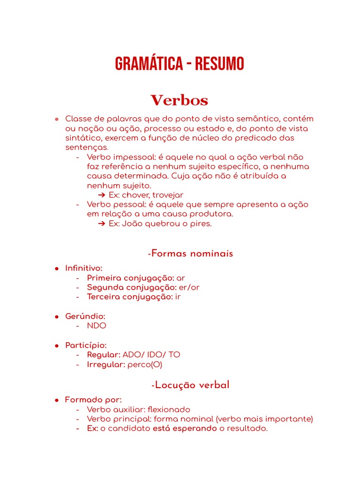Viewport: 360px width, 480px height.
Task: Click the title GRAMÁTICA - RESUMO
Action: tap(180, 64)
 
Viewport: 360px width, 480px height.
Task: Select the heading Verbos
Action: tap(180, 100)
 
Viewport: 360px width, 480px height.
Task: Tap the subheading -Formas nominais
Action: tap(190, 254)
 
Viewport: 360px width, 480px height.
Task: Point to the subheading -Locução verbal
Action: tap(190, 385)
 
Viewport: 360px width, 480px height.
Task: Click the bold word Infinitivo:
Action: tap(84, 268)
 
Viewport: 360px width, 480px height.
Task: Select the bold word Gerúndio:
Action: tap(85, 316)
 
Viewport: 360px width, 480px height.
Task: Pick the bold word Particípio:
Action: tap(86, 345)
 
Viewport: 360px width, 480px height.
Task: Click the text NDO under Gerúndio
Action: tap(97, 326)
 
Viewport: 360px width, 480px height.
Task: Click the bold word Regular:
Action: tap(104, 355)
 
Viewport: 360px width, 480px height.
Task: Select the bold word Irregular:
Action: tap(106, 364)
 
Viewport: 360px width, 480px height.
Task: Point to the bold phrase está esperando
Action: tap(185, 428)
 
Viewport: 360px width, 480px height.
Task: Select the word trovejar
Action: tap(168, 195)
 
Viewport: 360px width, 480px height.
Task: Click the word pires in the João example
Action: tap(202, 224)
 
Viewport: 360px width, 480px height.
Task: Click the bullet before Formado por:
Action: tap(56, 400)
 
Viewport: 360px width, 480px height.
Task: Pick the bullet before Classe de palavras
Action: tap(56, 119)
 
